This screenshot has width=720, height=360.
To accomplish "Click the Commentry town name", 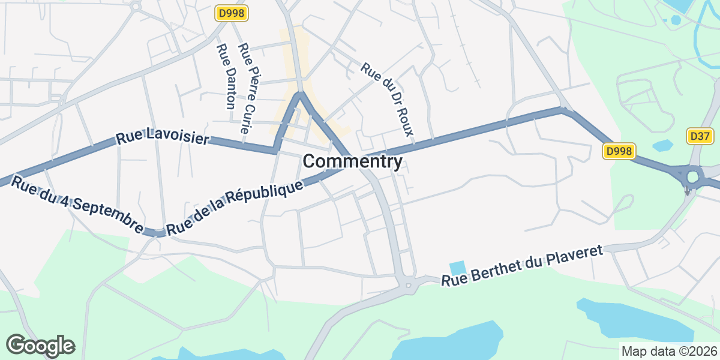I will click(352, 161).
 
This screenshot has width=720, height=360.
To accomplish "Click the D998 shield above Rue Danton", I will click(232, 13).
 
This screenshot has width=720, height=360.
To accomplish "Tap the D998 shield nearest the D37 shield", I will click(619, 151).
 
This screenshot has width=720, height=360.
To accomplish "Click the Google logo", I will click(40, 346).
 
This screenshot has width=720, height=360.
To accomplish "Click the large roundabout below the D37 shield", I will click(694, 177).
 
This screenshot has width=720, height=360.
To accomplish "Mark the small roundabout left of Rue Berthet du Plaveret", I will click(408, 284).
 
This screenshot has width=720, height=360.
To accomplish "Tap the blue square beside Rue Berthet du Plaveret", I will click(457, 268).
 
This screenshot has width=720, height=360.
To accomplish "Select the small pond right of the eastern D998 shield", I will click(662, 145).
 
